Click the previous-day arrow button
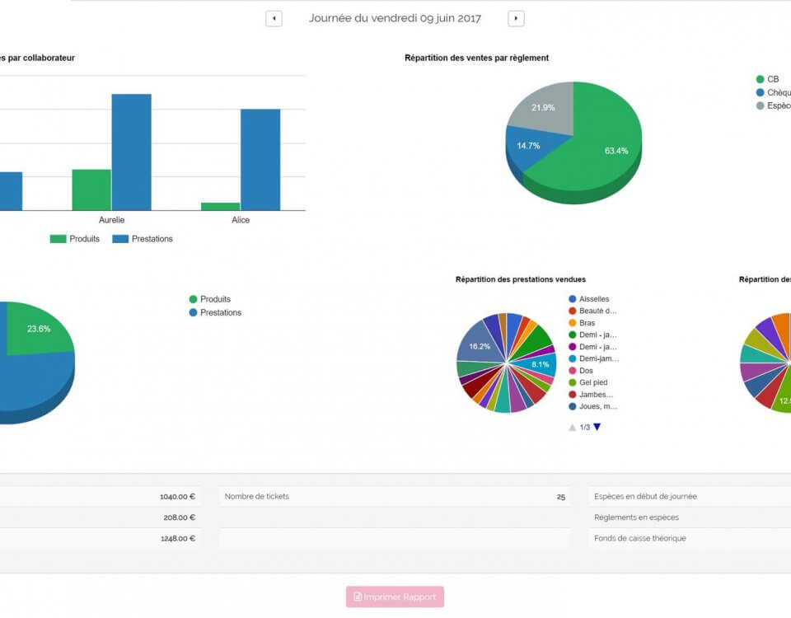pyautogui.click(x=274, y=19)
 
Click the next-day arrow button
pyautogui.click(x=516, y=19)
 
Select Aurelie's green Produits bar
pyautogui.click(x=91, y=190)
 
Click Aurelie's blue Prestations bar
pyautogui.click(x=132, y=152)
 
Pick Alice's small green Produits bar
pyautogui.click(x=220, y=206)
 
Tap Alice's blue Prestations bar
pyautogui.click(x=260, y=159)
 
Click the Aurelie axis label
pyautogui.click(x=111, y=220)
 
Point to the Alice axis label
pyautogui.click(x=240, y=220)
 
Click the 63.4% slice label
pyautogui.click(x=615, y=151)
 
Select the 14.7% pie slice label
pyautogui.click(x=528, y=146)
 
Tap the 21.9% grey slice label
pyautogui.click(x=543, y=108)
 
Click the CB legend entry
pyautogui.click(x=772, y=79)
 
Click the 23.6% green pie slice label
pyautogui.click(x=39, y=329)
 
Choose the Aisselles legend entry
pyautogui.click(x=593, y=299)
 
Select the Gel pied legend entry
pyautogui.click(x=593, y=382)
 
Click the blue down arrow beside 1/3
pyautogui.click(x=597, y=427)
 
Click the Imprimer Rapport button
pyautogui.click(x=395, y=597)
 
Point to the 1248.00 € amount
pyautogui.click(x=177, y=539)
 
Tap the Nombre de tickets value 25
pyautogui.click(x=561, y=497)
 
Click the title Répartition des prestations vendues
pyautogui.click(x=521, y=279)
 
